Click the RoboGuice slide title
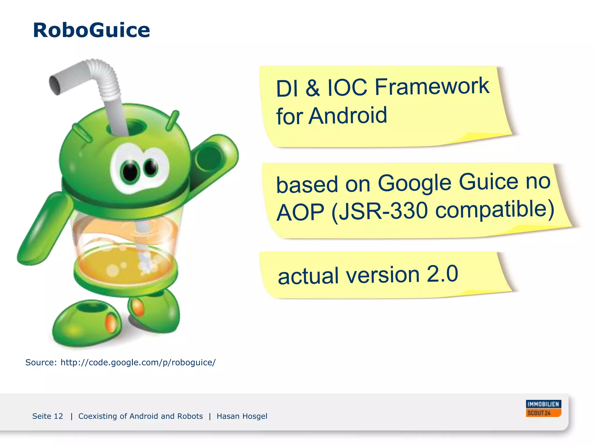click(91, 30)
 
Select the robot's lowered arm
click(44, 229)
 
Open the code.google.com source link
click(138, 362)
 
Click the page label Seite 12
click(48, 416)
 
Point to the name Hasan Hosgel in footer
click(242, 416)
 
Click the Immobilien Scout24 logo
click(543, 408)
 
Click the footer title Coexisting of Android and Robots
click(140, 416)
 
